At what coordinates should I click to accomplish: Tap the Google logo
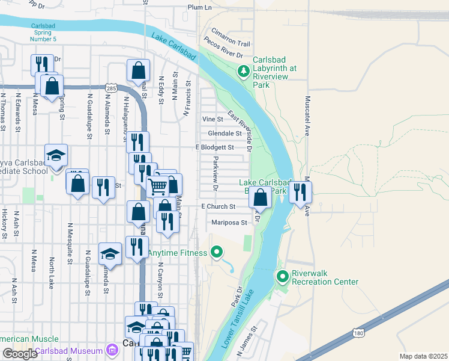click(x=20, y=354)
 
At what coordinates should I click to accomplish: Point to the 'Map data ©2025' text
click(x=424, y=356)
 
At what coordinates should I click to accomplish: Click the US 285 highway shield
click(x=110, y=88)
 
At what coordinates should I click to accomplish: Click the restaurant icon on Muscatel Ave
click(x=300, y=193)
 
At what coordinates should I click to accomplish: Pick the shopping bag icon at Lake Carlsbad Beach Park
click(x=260, y=197)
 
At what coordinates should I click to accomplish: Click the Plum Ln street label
click(x=200, y=7)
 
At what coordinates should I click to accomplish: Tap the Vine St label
click(x=212, y=119)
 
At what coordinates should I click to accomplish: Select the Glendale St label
click(x=224, y=133)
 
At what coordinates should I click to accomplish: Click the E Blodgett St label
click(x=214, y=147)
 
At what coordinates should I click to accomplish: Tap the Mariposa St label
click(x=229, y=223)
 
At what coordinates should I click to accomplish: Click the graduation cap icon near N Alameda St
click(x=110, y=253)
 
